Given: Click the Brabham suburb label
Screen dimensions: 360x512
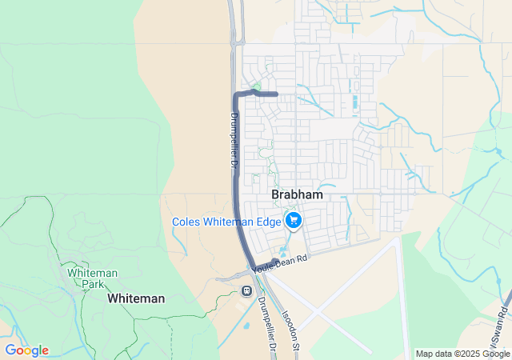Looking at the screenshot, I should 297,194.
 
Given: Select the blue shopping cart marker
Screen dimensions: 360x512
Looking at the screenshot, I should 294,219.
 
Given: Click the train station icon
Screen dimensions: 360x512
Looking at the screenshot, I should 246,290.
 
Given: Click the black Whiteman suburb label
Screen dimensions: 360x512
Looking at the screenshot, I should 136,298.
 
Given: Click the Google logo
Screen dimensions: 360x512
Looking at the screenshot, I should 26,350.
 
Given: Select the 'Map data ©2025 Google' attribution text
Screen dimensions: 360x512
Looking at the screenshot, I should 462,354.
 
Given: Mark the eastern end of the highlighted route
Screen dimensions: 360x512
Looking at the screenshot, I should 276,94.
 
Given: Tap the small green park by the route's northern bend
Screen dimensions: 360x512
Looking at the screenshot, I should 256,86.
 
